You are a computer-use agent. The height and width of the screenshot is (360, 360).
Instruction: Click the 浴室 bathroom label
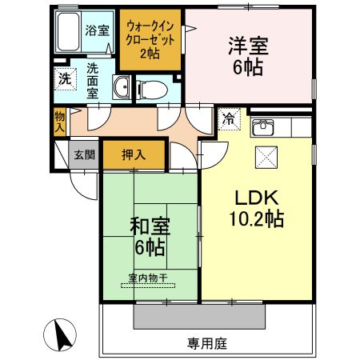(97, 31)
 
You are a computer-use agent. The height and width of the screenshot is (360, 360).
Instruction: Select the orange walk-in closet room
(151, 39)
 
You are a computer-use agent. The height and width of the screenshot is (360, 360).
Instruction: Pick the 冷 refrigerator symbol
(229, 122)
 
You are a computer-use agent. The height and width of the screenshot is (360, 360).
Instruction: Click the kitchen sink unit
(263, 127)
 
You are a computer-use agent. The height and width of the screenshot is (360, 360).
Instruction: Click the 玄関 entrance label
(83, 154)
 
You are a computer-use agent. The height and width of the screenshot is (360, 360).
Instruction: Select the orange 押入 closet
(134, 154)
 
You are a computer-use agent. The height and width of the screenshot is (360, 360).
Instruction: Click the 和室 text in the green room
(150, 227)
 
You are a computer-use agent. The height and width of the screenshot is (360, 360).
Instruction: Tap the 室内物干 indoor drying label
(148, 278)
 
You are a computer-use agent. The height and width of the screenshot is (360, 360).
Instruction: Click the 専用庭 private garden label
(208, 343)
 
